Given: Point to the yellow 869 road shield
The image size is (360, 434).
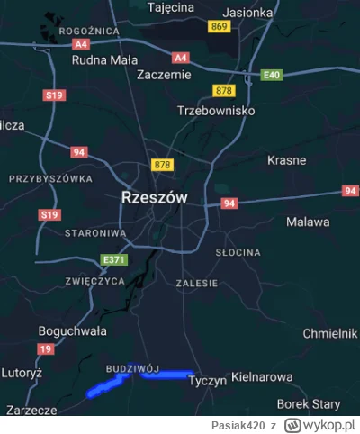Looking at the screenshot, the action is pos(219,28).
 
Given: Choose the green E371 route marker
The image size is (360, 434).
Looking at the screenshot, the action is pos(115,260).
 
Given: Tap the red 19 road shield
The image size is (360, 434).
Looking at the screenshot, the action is pos(45,348).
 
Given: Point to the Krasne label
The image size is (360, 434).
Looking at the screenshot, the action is pos(287,160).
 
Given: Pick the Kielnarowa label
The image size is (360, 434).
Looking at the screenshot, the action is pos(262,376).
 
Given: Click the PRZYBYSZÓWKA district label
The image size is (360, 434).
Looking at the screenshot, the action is pos(50,179).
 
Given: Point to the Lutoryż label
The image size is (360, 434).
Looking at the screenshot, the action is pos(22,371).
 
